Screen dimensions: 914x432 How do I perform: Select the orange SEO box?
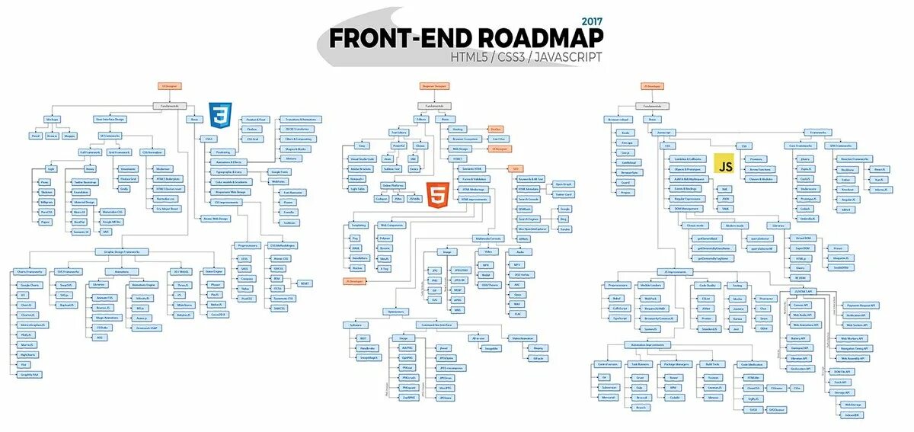click(516, 168)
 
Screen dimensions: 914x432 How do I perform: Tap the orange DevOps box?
click(496, 129)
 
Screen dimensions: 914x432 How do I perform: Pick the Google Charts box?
click(30, 284)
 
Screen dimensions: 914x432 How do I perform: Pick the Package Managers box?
click(675, 364)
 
